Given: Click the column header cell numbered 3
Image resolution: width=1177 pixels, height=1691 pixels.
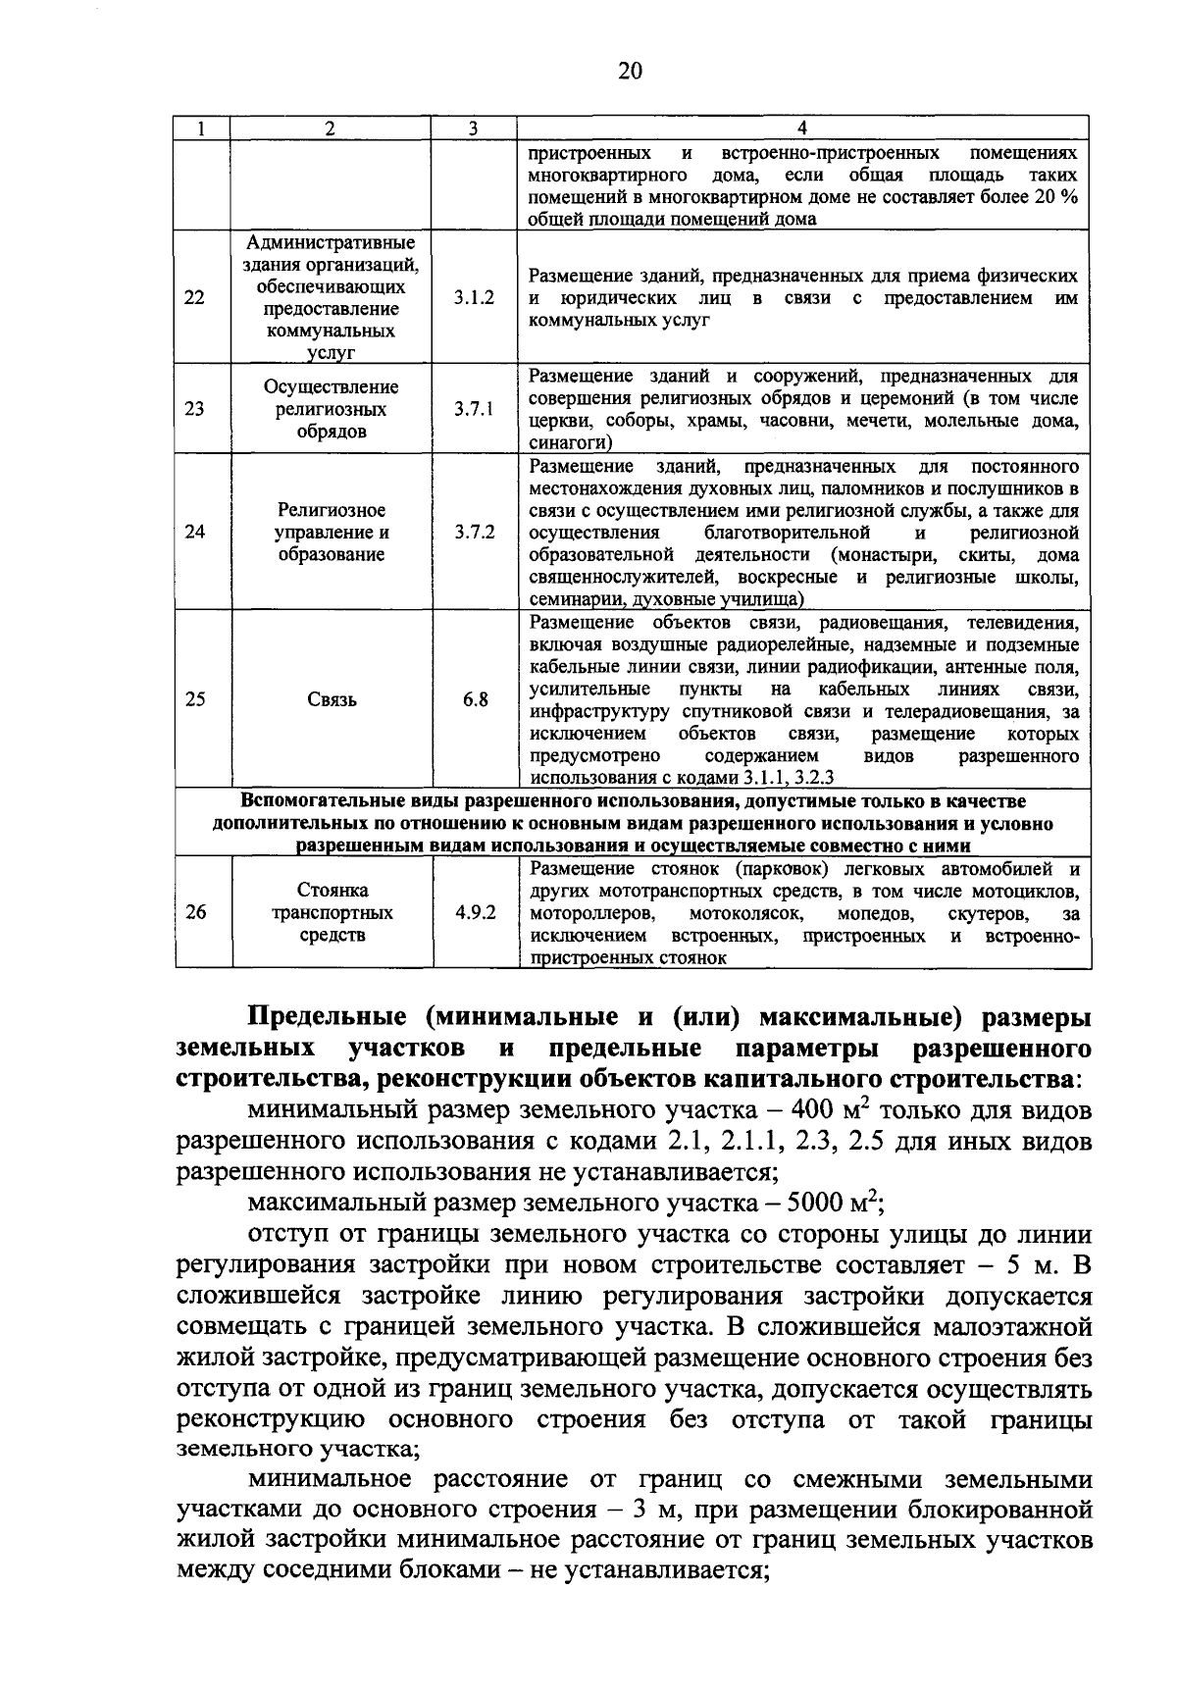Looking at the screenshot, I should [473, 128].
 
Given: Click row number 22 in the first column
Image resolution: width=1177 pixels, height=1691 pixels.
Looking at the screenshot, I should [195, 297].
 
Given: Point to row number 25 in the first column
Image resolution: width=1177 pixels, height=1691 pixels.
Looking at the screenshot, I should [195, 700].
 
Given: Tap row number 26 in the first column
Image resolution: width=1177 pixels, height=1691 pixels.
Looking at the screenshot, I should [195, 912].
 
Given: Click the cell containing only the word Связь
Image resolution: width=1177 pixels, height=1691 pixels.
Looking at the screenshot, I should [331, 700].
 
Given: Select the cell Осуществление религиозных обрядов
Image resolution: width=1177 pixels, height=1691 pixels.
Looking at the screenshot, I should [331, 409].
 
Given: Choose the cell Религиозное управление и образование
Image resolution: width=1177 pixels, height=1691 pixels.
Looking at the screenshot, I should [331, 533].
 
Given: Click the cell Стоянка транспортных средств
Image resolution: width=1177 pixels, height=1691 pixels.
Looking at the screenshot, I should [331, 912].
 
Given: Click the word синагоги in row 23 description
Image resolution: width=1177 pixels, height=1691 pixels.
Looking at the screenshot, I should [564, 443].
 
